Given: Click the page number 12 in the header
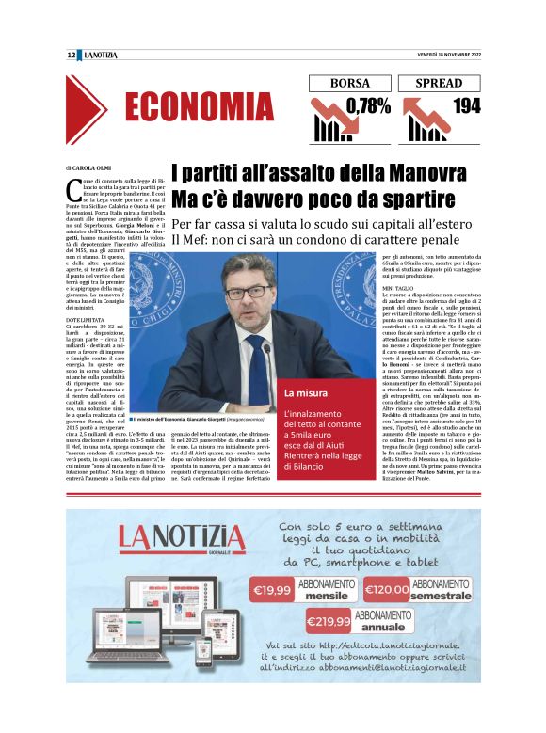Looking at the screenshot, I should (x=72, y=56).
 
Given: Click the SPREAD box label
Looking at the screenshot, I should (x=439, y=83).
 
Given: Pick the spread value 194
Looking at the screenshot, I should (x=465, y=106).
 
